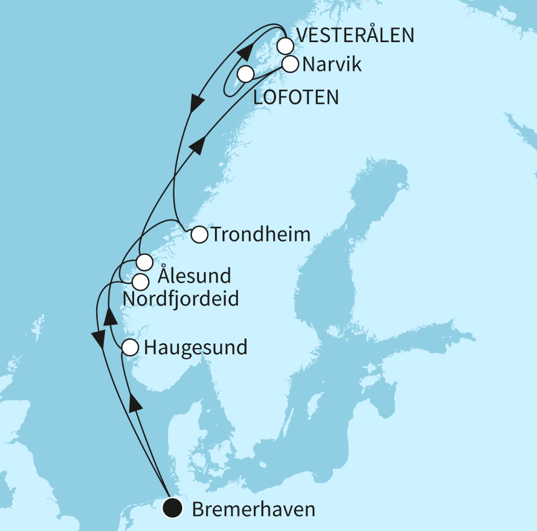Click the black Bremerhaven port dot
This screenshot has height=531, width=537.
tap(173, 509)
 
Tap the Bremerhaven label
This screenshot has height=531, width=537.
tap(254, 510)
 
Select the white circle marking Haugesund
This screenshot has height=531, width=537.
tap(130, 347)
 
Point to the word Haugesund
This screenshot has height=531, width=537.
tap(195, 347)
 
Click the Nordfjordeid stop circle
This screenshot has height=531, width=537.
tap(141, 282)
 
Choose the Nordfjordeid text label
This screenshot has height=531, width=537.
tap(180, 299)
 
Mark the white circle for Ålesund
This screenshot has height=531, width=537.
tap(144, 262)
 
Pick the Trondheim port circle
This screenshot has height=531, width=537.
tap(199, 235)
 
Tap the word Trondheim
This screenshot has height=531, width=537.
tap(260, 235)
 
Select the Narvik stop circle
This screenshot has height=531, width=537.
tap(290, 65)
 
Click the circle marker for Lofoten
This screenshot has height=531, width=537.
tap(246, 73)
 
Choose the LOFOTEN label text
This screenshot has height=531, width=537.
tap(296, 97)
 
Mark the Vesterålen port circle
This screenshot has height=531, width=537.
tap(284, 45)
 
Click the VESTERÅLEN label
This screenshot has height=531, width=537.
tap(354, 36)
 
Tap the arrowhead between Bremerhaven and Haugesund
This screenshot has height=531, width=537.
tap(135, 403)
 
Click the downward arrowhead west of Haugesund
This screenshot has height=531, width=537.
tap(99, 339)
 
